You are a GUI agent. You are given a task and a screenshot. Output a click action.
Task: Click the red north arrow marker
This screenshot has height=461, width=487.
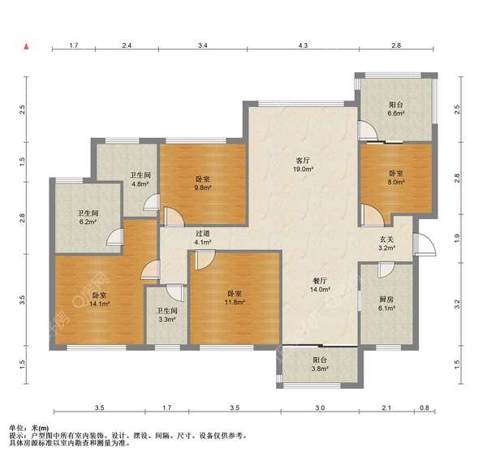27,46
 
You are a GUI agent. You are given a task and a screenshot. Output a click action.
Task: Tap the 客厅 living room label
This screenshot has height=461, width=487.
303,161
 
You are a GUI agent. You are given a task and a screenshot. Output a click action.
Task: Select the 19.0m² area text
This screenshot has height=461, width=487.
303,170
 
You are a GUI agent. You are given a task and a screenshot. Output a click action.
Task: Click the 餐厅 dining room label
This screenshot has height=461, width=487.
320,281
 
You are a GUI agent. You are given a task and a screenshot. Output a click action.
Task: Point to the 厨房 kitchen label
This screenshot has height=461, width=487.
386,299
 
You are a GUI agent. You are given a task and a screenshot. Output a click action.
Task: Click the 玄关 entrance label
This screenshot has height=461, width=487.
387,239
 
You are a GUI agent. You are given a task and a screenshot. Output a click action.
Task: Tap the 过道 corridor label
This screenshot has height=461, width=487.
203,233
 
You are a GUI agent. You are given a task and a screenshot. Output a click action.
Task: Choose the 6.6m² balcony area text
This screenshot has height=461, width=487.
396,114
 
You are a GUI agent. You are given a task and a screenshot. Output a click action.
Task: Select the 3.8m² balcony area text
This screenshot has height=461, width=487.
320,368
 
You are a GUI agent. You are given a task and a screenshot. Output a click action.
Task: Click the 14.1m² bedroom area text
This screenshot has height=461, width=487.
99,304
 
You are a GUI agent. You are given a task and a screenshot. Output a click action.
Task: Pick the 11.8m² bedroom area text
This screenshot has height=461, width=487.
235,302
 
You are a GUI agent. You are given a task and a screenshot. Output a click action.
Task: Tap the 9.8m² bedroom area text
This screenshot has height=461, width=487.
202,187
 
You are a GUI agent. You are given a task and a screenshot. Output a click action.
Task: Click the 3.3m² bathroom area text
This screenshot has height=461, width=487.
167,319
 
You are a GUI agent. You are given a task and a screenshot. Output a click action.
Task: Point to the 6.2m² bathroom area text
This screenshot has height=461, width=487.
88,222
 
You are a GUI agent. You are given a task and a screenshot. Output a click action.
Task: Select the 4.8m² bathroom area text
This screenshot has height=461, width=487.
140,184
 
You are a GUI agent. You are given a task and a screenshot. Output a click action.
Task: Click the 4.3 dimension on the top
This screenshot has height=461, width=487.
303,45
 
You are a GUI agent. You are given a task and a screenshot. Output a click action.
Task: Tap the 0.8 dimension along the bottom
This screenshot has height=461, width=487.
425,407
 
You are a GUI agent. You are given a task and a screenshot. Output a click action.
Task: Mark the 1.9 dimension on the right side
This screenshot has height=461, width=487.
456,239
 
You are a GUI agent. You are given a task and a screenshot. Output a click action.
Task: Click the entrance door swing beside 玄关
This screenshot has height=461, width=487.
425,244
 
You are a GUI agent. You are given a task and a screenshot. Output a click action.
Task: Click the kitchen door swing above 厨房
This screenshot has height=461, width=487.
386,270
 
